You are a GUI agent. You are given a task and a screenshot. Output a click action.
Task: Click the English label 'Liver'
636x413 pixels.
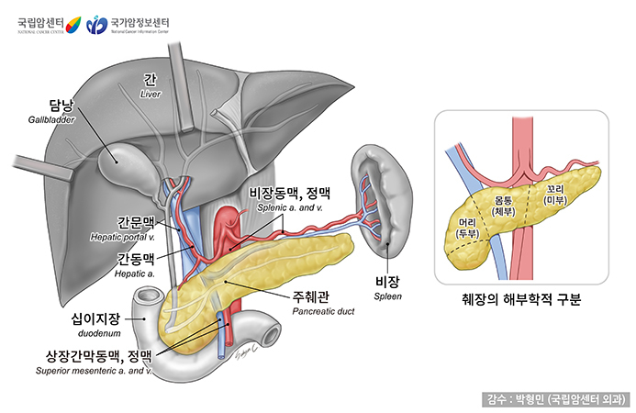[151, 94]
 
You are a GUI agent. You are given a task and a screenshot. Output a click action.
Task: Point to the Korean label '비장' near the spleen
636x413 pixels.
[388, 282]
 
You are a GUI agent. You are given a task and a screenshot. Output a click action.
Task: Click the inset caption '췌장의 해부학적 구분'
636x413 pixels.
[521, 300]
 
